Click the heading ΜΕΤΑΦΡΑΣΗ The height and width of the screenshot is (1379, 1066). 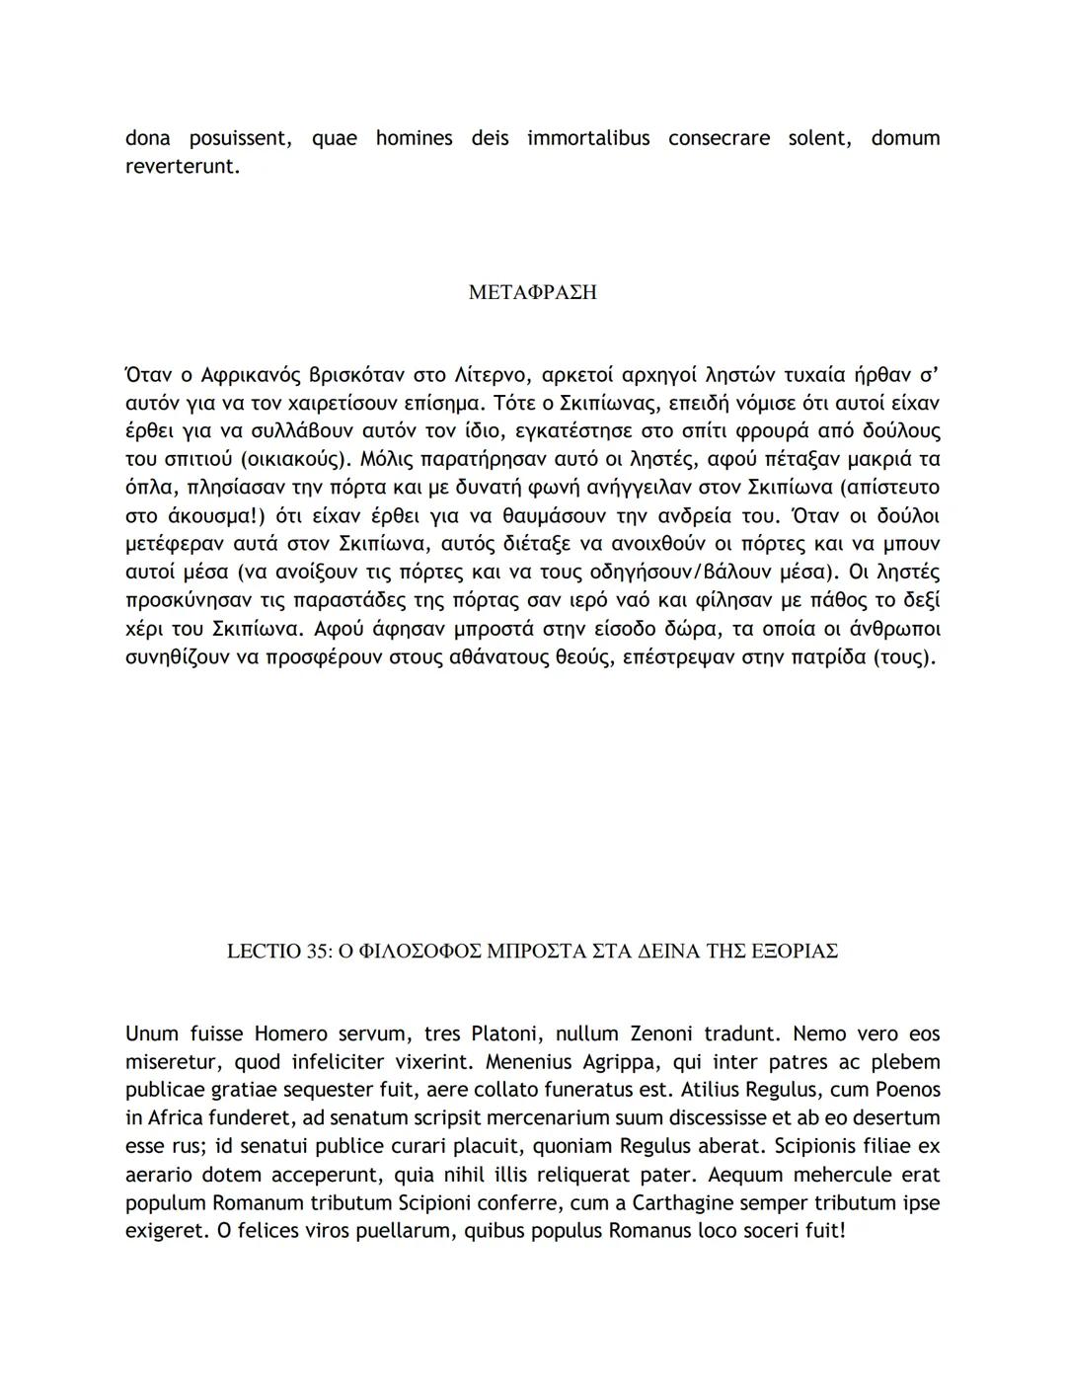pyautogui.click(x=532, y=293)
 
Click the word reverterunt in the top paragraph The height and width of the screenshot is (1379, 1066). pyautogui.click(x=182, y=167)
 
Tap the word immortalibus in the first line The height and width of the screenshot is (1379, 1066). pyautogui.click(x=588, y=138)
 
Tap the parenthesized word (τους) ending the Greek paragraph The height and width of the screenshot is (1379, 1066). pyautogui.click(x=903, y=656)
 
